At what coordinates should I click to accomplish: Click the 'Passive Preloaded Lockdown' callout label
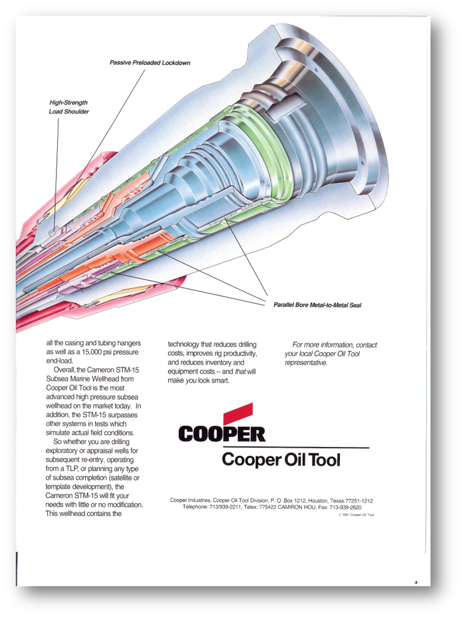pyautogui.click(x=150, y=63)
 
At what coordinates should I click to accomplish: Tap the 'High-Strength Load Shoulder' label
pyautogui.click(x=69, y=107)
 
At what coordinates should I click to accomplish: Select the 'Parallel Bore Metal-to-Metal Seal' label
pyautogui.click(x=317, y=305)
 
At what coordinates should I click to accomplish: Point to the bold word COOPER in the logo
pyautogui.click(x=222, y=434)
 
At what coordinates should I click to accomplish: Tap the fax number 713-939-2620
pyautogui.click(x=345, y=507)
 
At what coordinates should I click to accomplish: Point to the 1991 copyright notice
pyautogui.click(x=356, y=515)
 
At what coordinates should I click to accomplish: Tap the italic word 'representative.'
pyautogui.click(x=306, y=363)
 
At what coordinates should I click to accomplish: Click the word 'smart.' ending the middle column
pyautogui.click(x=220, y=380)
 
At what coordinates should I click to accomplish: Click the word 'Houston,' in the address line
pyautogui.click(x=318, y=501)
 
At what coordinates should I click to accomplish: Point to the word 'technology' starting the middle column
pyautogui.click(x=183, y=344)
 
